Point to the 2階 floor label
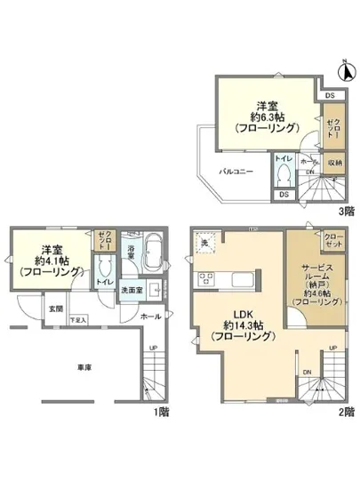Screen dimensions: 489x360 coord(345,413)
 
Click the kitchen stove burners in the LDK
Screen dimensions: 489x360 coord(205,281)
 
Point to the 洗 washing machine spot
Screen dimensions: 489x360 coord(204,244)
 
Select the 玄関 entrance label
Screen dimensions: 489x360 coord(55,309)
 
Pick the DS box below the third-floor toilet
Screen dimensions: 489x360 coord(283,194)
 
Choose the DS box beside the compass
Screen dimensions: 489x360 coord(329,95)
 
